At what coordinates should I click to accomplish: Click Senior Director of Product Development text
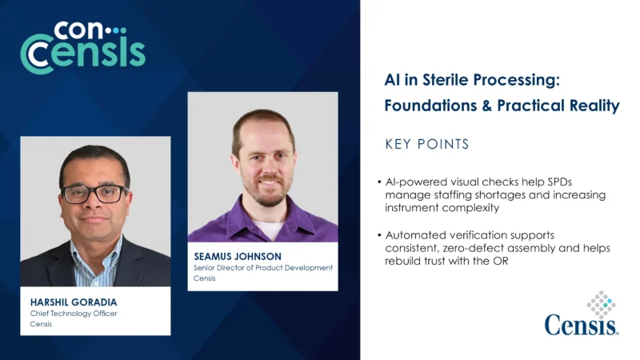tap(263, 268)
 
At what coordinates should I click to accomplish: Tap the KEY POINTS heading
tap(426, 145)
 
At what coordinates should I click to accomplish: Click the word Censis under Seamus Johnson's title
tap(206, 279)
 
